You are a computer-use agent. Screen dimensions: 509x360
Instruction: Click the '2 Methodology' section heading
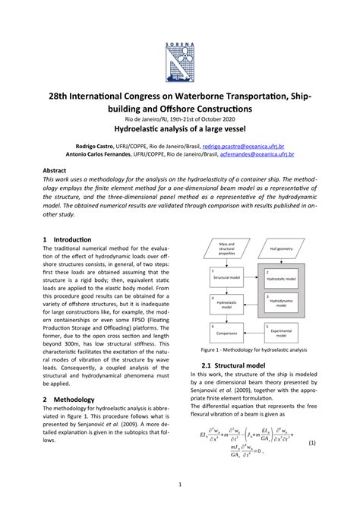(x=68, y=399)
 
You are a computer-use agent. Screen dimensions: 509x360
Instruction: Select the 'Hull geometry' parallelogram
(x=283, y=248)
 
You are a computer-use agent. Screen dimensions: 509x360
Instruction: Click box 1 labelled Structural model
(x=222, y=274)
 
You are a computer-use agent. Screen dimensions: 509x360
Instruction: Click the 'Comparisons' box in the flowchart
(x=222, y=332)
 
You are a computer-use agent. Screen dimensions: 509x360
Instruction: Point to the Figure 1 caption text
(x=254, y=351)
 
